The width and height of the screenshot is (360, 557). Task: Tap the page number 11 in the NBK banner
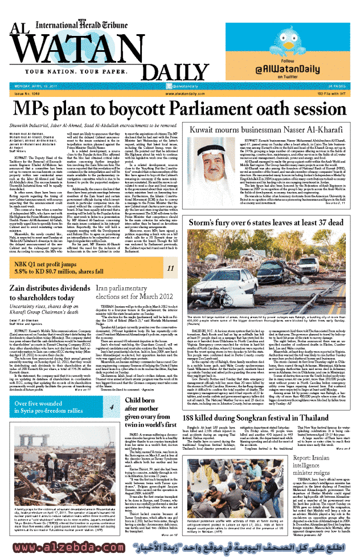coord(170,252)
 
